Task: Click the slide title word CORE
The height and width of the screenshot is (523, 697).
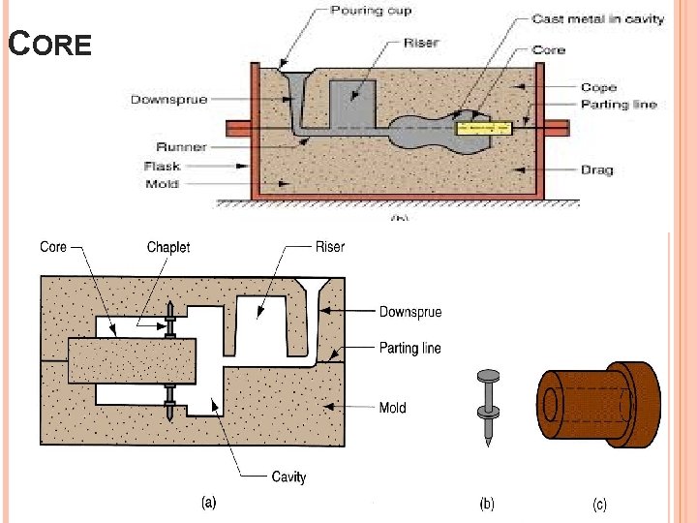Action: point(49,44)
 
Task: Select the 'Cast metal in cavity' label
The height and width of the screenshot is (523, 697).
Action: point(597,19)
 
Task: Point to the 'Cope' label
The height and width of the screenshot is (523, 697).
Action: point(598,87)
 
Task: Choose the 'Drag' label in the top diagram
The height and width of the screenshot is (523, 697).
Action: point(597,170)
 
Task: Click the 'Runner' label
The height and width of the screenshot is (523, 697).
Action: point(181,147)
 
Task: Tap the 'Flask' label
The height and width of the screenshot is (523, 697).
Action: point(162,167)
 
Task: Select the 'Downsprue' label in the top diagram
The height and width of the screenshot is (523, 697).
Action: point(168,99)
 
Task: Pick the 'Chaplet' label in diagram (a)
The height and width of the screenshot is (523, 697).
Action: point(168,247)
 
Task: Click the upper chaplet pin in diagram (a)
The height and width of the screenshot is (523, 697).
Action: point(171,318)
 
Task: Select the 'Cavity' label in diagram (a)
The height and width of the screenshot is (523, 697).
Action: point(288,477)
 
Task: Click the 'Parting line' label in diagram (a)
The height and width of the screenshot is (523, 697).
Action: point(409,349)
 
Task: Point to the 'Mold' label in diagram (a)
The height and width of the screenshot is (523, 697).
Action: point(392,408)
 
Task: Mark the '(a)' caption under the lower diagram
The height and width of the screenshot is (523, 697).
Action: point(208,504)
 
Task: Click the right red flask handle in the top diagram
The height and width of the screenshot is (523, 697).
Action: point(557,127)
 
